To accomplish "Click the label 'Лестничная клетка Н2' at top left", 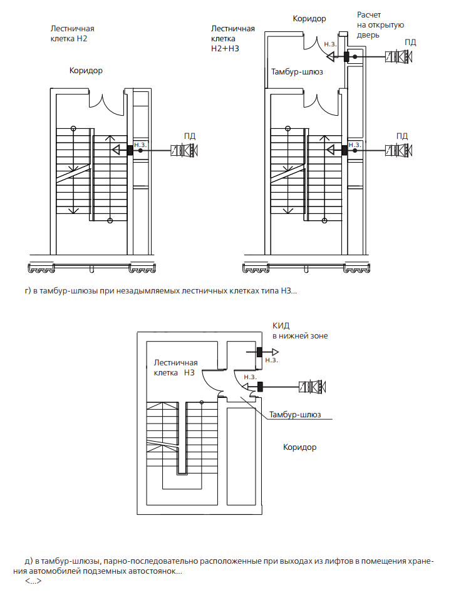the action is click(72, 33).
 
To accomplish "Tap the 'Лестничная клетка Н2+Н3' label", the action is click(232, 38).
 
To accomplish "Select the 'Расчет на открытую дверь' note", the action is click(380, 25).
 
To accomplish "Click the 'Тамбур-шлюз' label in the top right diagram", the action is click(297, 72).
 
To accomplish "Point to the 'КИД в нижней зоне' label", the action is click(300, 330).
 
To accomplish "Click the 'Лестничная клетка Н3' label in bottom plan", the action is click(175, 368).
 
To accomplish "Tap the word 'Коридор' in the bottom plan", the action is click(300, 447).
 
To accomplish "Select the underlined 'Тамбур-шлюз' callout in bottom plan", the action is click(295, 414).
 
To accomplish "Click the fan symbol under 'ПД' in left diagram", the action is click(184, 151).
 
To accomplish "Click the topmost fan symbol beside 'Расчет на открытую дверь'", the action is click(399, 56).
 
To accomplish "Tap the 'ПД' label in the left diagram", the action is click(190, 136).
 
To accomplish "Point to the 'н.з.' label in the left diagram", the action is click(140, 145).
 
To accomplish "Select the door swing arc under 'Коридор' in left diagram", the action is click(106, 104).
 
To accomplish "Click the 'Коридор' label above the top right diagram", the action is click(309, 19).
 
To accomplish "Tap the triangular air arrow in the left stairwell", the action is click(117, 150).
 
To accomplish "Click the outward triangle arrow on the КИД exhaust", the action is click(275, 352).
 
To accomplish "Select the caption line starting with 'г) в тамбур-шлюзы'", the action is click(161, 291).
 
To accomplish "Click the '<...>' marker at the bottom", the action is click(33, 581).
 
